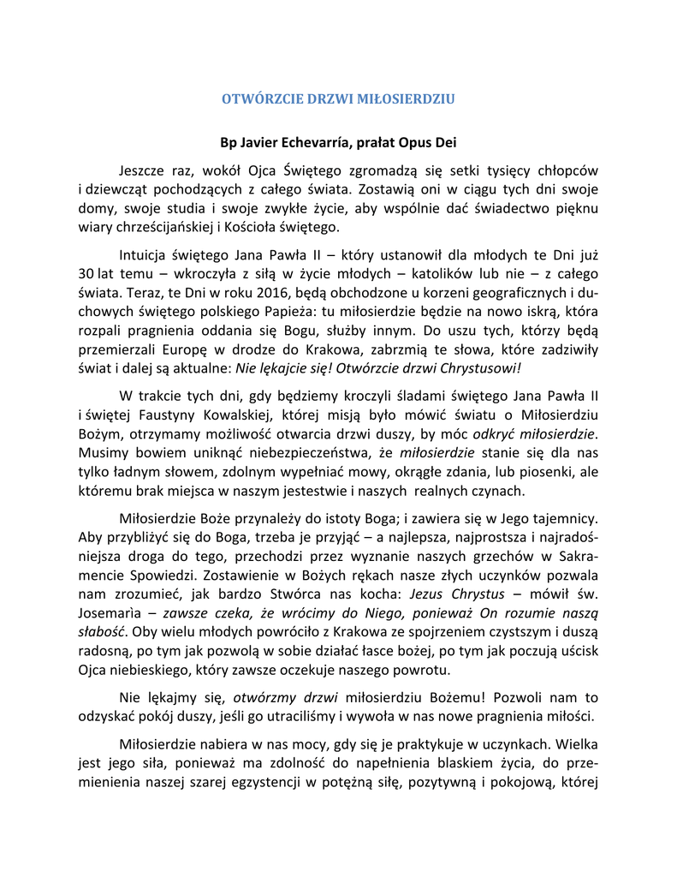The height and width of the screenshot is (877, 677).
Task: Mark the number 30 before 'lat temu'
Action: [86, 274]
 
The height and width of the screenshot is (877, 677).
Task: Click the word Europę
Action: [198, 349]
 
